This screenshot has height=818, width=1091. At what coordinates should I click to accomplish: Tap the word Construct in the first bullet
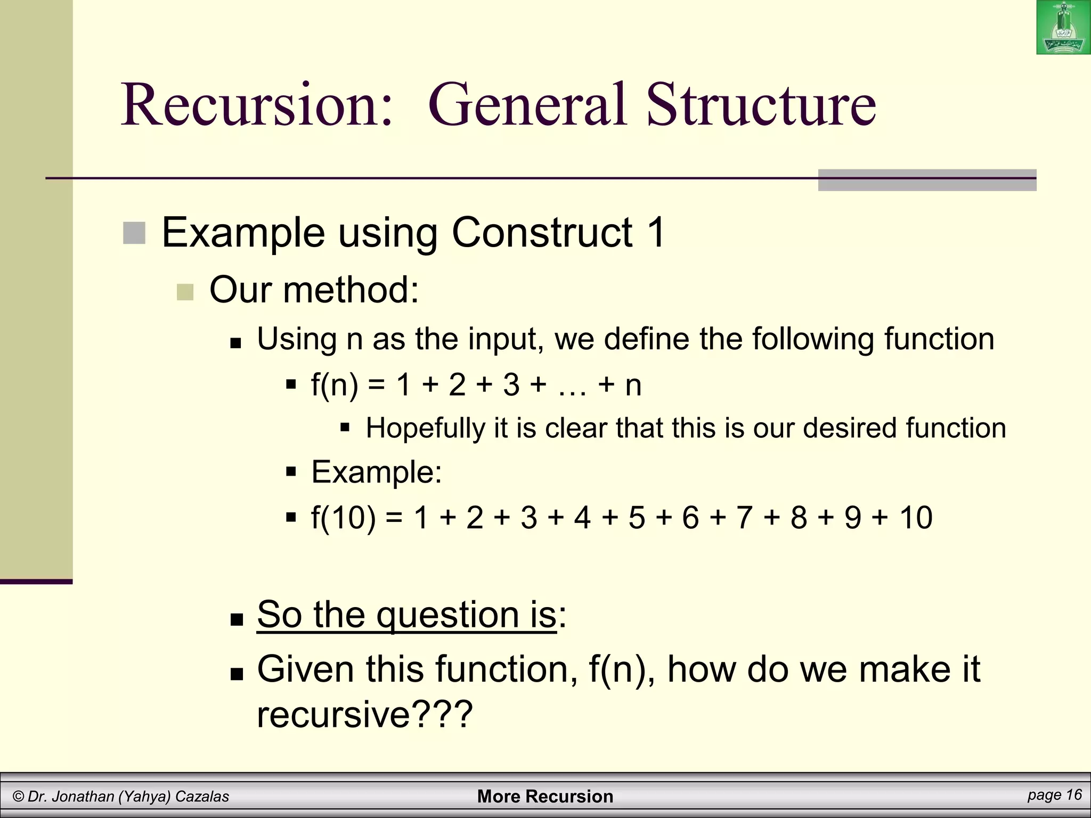tap(543, 233)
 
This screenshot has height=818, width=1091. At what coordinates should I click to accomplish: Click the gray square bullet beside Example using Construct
tap(134, 233)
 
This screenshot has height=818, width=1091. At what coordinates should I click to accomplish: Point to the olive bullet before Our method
tap(185, 292)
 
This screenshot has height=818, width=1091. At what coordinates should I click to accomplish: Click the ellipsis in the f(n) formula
tap(572, 385)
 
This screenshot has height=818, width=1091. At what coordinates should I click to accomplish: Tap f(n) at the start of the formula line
tap(335, 385)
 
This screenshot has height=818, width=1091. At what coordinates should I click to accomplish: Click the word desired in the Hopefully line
tap(850, 428)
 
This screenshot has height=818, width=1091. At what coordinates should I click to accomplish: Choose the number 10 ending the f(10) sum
tap(916, 517)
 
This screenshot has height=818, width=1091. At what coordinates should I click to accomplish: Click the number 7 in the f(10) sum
tap(744, 517)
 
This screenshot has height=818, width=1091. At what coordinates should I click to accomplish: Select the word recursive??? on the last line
tap(365, 715)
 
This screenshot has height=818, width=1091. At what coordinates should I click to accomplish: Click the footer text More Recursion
tap(545, 796)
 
